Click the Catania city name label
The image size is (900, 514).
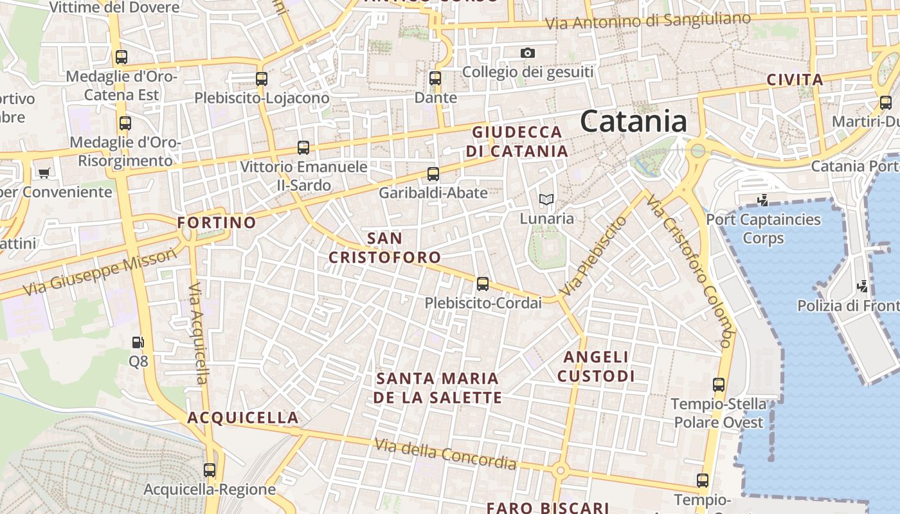coord(633,121)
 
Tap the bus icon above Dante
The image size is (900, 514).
coord(435,78)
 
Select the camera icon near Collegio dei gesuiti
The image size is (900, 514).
coord(528,53)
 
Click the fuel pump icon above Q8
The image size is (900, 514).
coord(138,342)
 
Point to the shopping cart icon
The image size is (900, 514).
coord(44,172)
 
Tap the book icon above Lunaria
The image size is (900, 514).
coord(546,200)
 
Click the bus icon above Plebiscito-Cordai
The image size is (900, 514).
coord(483,283)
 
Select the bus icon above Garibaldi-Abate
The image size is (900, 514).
coord(433,173)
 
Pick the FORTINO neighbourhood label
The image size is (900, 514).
coord(217,223)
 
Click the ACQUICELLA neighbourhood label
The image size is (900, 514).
coord(243,418)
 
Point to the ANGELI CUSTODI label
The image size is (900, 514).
coord(596,366)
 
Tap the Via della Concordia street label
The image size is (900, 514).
coord(446,454)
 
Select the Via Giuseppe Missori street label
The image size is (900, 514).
coord(100,272)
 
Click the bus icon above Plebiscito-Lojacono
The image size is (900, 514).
coord(262,79)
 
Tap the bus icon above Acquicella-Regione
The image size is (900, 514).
coord(210,470)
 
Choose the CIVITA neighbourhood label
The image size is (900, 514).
coord(795,80)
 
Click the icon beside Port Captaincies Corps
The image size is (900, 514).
coord(763,200)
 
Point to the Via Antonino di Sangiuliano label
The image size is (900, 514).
coord(647,21)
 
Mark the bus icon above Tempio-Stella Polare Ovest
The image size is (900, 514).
coord(719,385)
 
